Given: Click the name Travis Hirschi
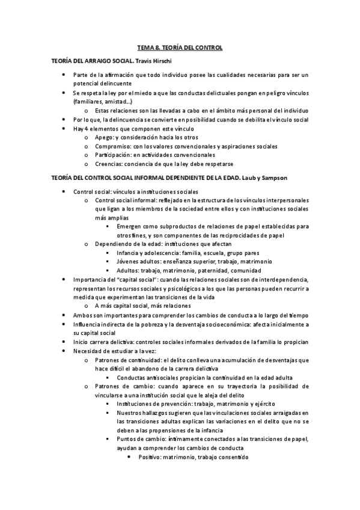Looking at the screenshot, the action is click(x=161, y=62).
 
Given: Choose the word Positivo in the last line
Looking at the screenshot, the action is click(x=150, y=457).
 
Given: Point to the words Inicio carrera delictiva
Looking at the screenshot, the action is click(x=104, y=342).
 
